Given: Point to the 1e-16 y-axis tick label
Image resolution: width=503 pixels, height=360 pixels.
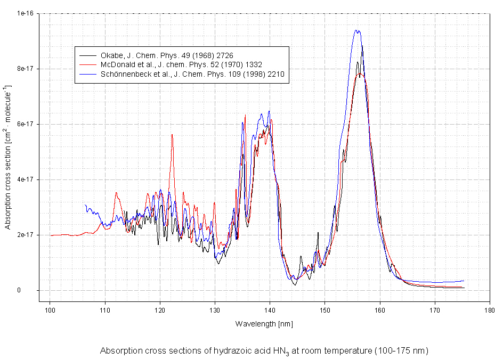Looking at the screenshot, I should (26, 13).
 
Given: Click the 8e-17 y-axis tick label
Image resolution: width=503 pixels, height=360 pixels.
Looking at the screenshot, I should (26, 69).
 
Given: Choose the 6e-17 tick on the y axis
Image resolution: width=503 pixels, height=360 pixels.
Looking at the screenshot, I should (26, 124).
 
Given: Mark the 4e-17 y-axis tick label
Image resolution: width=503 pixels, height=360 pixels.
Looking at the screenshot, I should (26, 179).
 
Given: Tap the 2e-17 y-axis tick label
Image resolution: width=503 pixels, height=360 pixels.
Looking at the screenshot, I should (26, 235).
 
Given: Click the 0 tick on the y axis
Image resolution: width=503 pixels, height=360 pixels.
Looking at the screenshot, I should (33, 290).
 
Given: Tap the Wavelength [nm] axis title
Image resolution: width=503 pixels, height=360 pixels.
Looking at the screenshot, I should (264, 323).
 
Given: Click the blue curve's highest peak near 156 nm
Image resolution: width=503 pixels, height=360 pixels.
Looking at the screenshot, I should (357, 31).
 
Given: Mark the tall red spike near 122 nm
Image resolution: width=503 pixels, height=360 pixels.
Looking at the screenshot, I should (172, 135).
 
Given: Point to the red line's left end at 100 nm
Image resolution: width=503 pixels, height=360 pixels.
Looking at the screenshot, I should (51, 235).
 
